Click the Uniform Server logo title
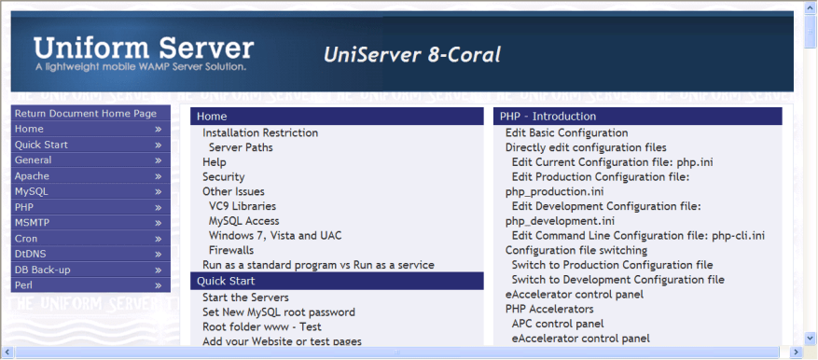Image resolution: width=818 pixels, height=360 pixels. (x=143, y=48)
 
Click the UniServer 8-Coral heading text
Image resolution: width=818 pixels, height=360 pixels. (x=411, y=55)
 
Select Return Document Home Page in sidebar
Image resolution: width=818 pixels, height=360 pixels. (x=85, y=114)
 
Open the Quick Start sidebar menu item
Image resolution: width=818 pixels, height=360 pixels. (x=41, y=145)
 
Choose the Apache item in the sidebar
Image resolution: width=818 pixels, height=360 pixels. (x=32, y=175)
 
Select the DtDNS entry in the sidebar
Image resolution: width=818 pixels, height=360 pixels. (x=31, y=254)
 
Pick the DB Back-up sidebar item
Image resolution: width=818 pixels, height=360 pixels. (x=42, y=270)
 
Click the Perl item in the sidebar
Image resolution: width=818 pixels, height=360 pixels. (x=25, y=284)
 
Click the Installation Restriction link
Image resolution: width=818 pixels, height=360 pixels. (x=259, y=133)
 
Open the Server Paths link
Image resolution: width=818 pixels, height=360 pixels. (x=241, y=147)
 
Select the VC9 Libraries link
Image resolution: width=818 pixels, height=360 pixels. (x=242, y=206)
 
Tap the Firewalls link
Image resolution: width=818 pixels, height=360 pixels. (x=230, y=250)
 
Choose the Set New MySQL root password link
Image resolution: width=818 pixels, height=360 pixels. (x=278, y=312)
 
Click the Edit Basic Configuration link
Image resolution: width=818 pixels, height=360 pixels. (x=566, y=133)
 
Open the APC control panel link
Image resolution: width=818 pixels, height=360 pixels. (x=557, y=324)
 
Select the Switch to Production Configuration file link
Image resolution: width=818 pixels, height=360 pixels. (x=612, y=265)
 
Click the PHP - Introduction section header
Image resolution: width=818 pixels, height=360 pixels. (x=548, y=117)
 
